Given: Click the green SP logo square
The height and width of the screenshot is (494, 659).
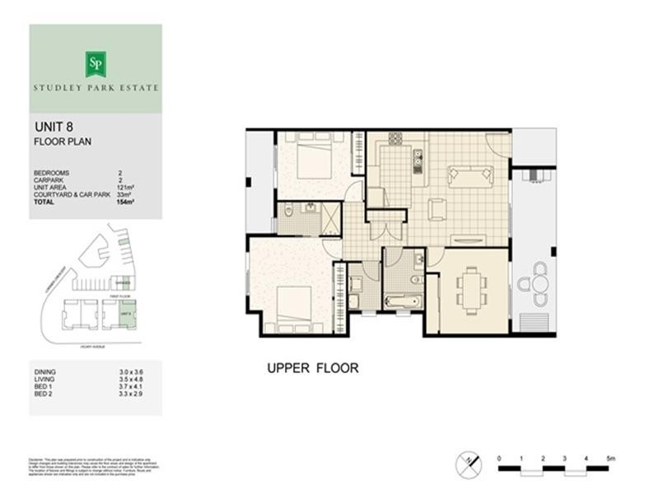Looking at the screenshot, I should click(x=95, y=63).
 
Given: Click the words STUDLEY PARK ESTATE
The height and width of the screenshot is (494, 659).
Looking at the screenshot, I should click(x=95, y=86).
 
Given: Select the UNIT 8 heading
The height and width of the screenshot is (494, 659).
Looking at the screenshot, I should click(x=53, y=128).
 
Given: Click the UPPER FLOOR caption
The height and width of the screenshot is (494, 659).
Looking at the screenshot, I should click(x=312, y=368).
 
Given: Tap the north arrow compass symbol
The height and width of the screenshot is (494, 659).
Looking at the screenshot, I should click(x=466, y=463).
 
